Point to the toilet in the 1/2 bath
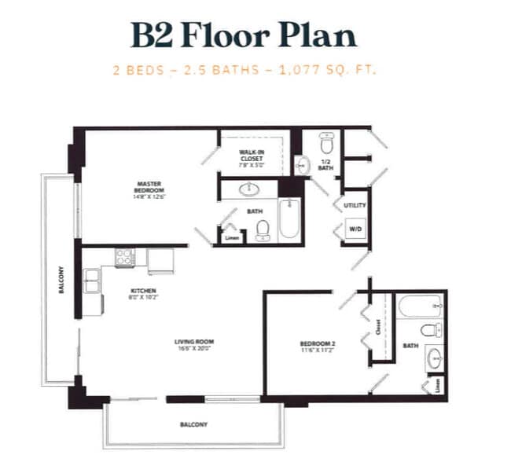[x=327, y=145]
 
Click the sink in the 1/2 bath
[x=303, y=166]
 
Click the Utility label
[x=355, y=205]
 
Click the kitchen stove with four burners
[x=126, y=257]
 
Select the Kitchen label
[x=142, y=293]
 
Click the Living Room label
[x=194, y=344]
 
